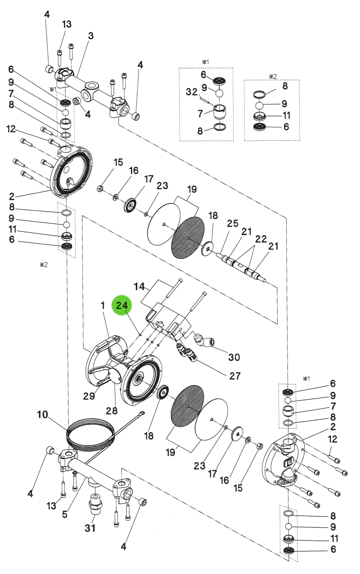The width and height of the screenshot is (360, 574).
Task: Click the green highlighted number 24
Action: tap(122, 305)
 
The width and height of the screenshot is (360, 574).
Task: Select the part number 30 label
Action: tap(234, 357)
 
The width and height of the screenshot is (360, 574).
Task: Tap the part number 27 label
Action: tap(235, 376)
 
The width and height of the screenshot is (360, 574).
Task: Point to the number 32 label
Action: tap(192, 92)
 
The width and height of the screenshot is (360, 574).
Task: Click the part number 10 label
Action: tap(43, 415)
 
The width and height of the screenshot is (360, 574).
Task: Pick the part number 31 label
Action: tap(90, 528)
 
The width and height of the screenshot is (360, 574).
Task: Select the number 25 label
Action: tap(232, 223)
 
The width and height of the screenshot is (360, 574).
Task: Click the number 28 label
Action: tap(112, 411)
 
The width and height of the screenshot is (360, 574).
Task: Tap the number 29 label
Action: tap(89, 396)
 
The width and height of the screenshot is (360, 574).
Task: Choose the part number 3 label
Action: tap(91, 36)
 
